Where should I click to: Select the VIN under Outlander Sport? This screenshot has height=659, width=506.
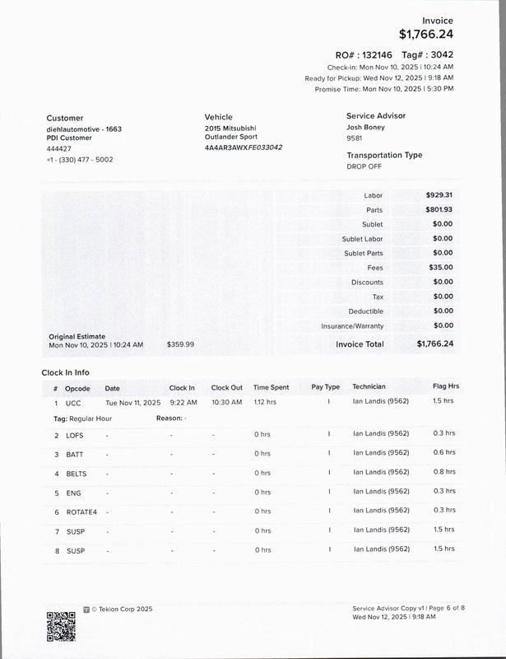pos(244,147)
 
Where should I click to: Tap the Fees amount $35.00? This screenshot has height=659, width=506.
pos(441,268)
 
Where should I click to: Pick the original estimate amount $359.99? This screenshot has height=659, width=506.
pos(180,344)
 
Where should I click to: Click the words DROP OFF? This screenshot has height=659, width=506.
pos(364,166)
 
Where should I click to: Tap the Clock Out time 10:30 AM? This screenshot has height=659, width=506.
pos(226,403)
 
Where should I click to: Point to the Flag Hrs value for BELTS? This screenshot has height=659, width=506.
pos(443,473)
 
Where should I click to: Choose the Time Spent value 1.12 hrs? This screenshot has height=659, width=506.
pos(265,403)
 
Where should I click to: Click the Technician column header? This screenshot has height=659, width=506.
pos(369,387)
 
